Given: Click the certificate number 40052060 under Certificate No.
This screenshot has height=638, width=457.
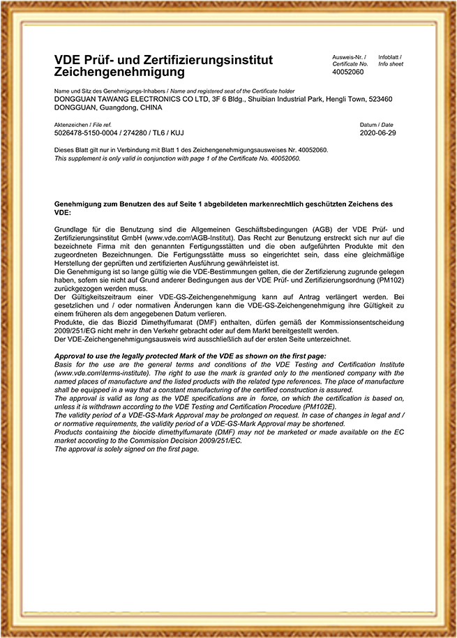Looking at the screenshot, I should pos(348,72).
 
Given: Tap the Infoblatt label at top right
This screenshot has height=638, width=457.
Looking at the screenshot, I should pos(389,56).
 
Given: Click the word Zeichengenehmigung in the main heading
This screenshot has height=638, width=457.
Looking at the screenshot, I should pos(119,72).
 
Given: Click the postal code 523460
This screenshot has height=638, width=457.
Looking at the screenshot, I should pos(378,100).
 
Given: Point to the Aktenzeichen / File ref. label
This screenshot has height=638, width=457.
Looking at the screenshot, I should pos(78,125).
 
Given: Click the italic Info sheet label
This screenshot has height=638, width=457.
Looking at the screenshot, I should pos(391,63).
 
